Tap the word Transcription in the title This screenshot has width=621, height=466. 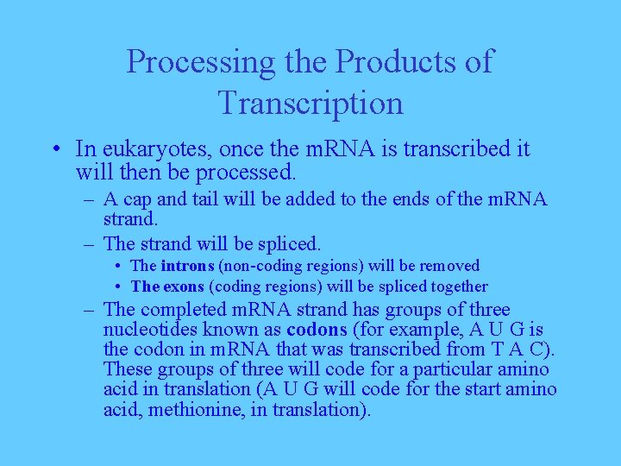[310, 103]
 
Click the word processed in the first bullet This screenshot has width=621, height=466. [246, 173]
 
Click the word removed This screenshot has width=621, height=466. [450, 266]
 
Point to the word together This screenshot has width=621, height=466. [456, 287]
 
